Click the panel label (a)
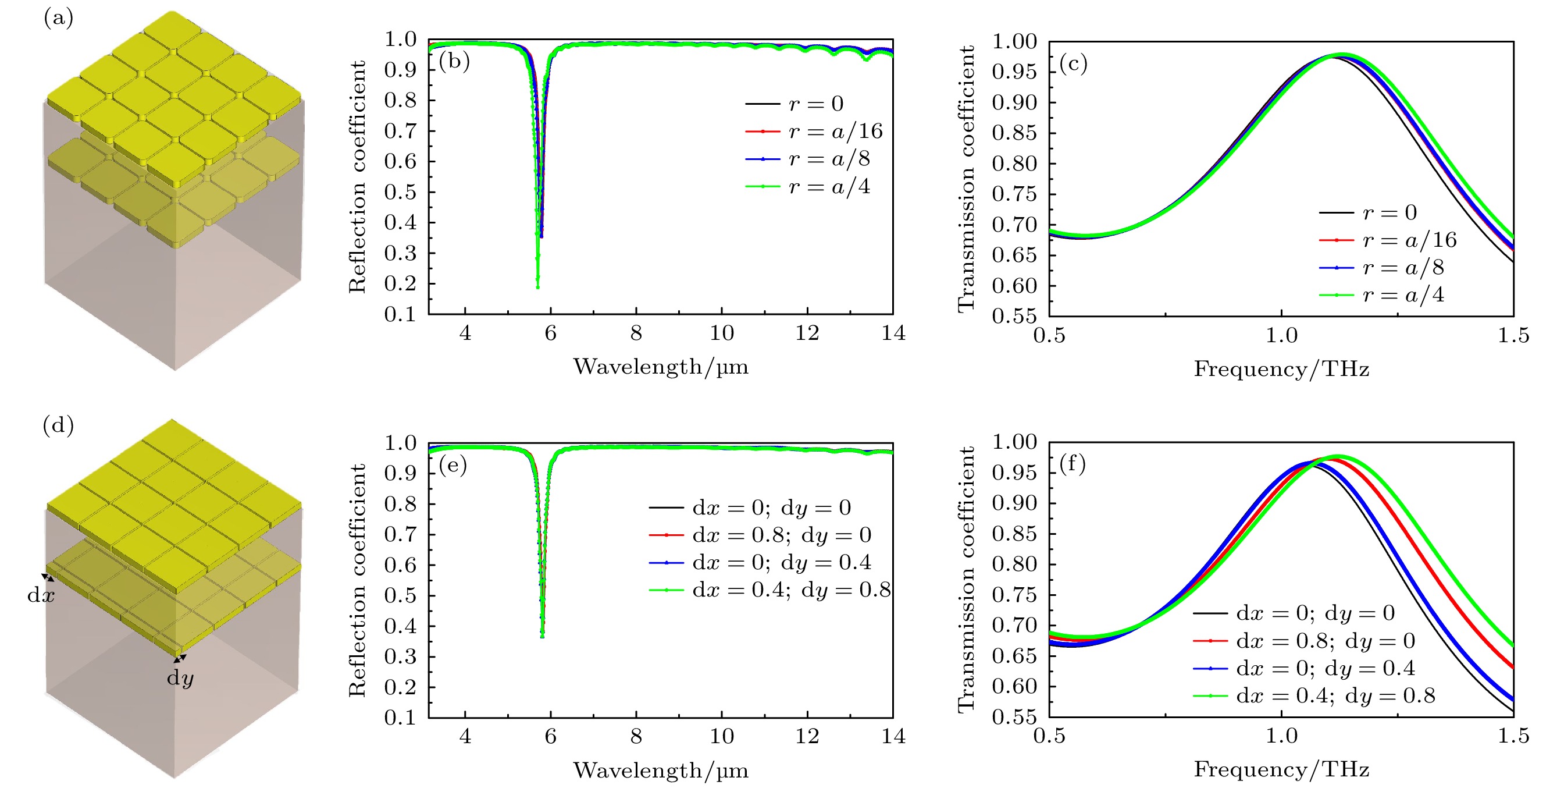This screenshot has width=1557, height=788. point(58,18)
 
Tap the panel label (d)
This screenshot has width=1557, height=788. point(58,426)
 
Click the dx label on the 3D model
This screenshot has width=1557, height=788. point(41,595)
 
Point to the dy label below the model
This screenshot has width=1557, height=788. point(180,677)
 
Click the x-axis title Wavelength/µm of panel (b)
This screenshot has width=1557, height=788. point(661,367)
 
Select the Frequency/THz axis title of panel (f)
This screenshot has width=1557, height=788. point(1281,769)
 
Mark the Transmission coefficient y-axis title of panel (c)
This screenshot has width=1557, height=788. point(967,179)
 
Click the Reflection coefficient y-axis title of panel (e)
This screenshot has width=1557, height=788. point(357,581)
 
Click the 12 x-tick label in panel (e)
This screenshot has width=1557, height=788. point(807,737)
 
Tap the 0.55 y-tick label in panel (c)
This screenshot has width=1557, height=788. point(1014,315)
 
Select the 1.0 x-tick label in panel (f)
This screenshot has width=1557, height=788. point(1281,736)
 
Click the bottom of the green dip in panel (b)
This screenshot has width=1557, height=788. point(537,287)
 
